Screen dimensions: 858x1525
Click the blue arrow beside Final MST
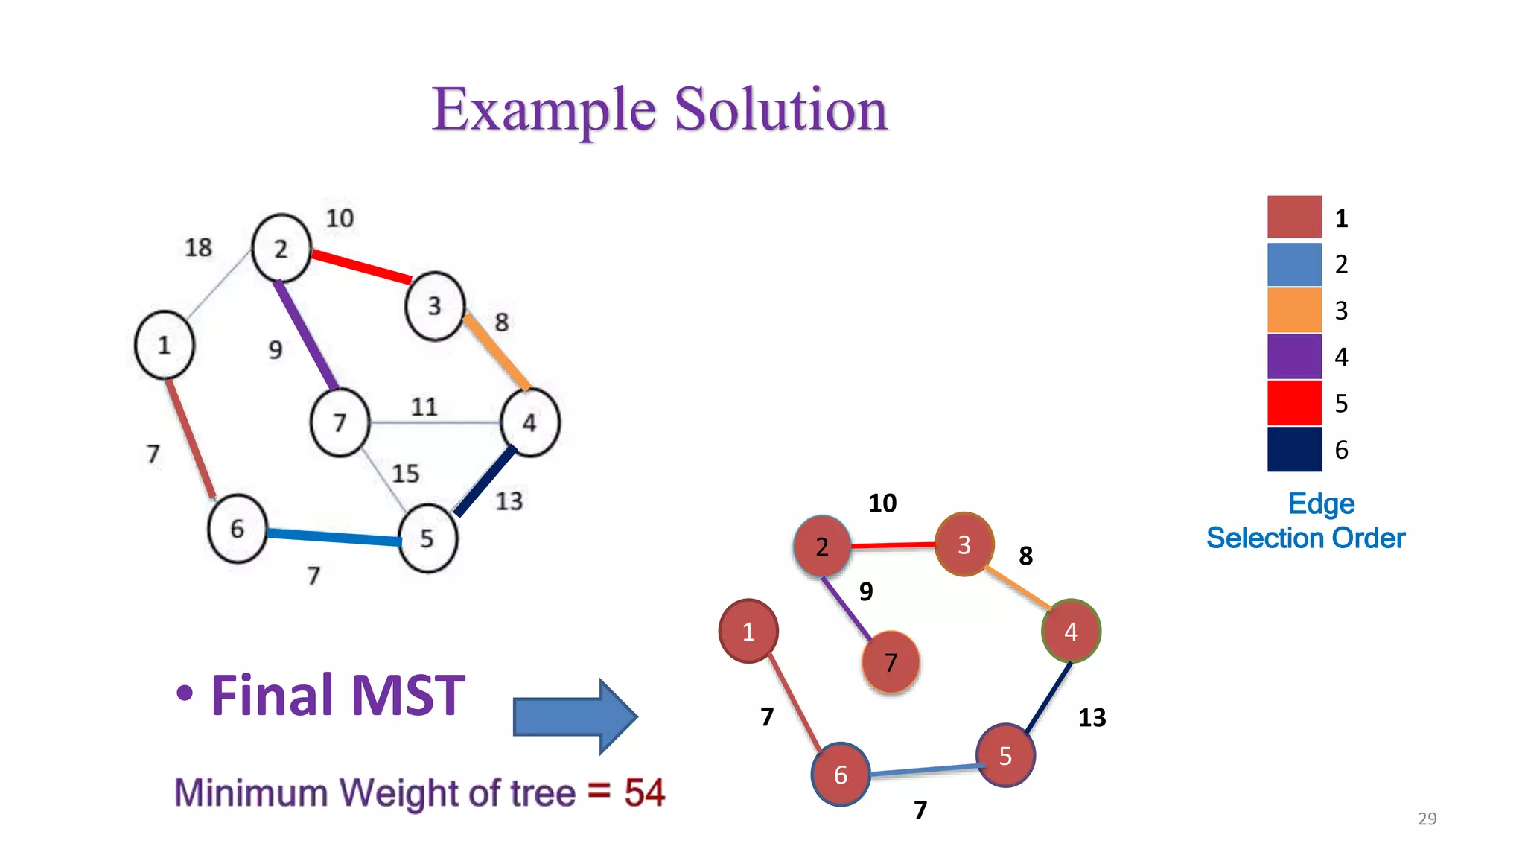pos(573,716)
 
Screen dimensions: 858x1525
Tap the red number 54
pos(644,792)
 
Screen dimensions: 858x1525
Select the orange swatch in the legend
pos(1294,310)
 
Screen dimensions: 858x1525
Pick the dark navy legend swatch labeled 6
pos(1294,449)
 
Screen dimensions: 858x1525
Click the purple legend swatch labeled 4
pos(1294,357)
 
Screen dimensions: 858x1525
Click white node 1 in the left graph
pos(165,345)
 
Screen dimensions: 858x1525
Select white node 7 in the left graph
pos(340,422)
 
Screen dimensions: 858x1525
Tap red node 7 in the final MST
pos(891,662)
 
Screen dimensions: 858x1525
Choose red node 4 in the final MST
pos(1071,632)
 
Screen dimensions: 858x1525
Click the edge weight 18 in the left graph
pos(198,247)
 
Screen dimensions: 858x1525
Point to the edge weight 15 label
pos(406,473)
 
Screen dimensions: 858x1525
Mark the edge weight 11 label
pos(424,407)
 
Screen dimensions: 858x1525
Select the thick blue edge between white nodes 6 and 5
pos(334,537)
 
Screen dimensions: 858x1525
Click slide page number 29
pos(1427,819)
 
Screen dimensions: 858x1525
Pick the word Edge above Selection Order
pos(1321,504)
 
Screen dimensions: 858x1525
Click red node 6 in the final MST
pos(841,775)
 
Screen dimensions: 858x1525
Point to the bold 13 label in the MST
pos(1092,718)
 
